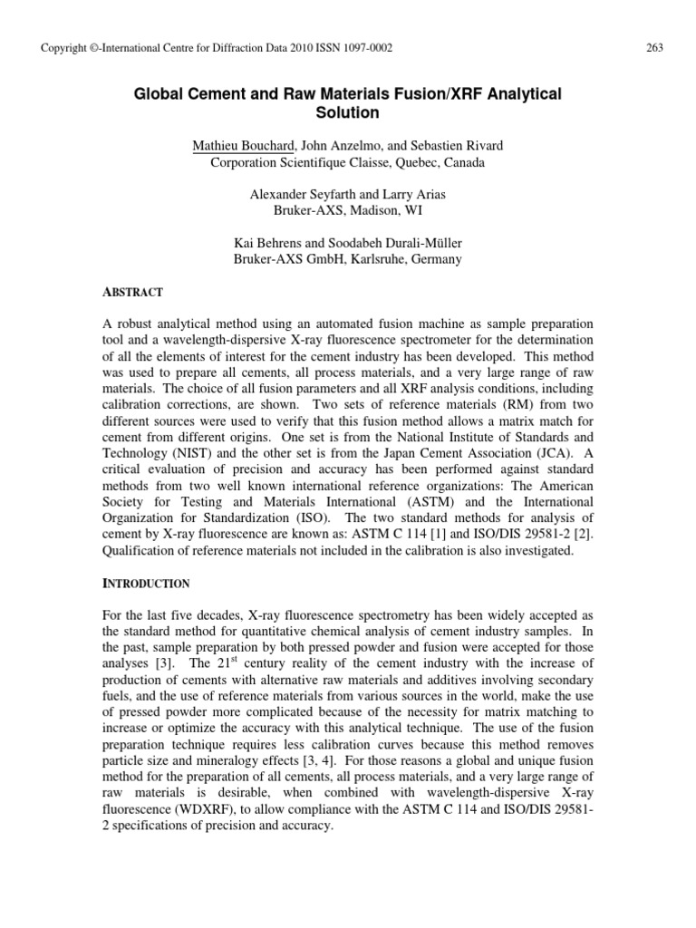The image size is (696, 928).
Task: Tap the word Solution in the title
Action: [347, 113]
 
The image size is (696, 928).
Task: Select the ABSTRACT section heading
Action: [132, 293]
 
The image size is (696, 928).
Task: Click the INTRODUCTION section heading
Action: [145, 583]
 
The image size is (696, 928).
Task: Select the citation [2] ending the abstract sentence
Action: [565, 535]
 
